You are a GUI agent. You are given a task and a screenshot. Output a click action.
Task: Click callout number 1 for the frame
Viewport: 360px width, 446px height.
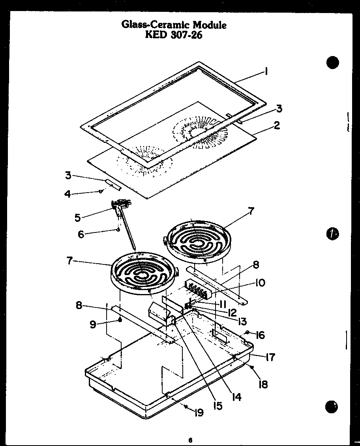[267, 71]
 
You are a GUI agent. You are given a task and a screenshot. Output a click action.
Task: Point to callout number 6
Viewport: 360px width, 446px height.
[81, 234]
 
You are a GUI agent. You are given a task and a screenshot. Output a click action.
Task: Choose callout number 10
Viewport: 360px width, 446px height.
[260, 283]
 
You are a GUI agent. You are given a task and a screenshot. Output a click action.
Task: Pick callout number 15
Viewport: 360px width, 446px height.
[217, 405]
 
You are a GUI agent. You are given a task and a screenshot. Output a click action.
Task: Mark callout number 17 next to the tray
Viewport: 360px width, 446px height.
[270, 357]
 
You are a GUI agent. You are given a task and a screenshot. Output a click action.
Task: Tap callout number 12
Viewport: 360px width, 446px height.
[232, 312]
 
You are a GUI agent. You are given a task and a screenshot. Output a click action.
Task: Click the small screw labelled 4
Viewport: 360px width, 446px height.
[101, 191]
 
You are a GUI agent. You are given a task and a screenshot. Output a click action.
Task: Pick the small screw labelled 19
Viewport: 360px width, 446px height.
[185, 406]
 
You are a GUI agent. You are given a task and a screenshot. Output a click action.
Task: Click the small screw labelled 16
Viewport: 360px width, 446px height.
[247, 332]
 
